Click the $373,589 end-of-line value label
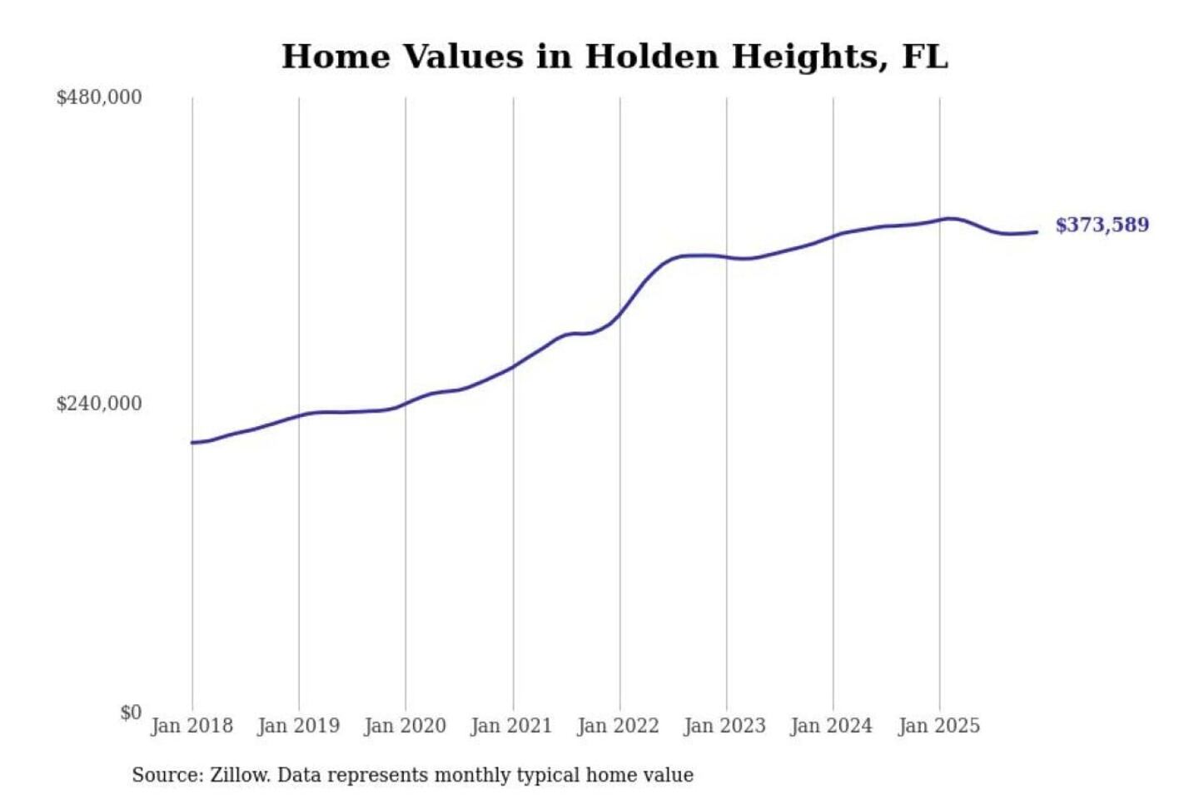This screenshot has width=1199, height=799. (x=1102, y=225)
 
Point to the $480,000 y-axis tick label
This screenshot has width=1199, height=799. (x=99, y=97)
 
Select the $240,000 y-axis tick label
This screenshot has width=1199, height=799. (x=99, y=404)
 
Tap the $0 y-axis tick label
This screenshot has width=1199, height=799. (x=131, y=712)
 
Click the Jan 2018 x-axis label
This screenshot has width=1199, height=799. (x=192, y=726)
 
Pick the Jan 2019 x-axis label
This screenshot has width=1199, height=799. (x=298, y=726)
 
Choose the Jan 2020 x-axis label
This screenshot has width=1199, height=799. (x=405, y=726)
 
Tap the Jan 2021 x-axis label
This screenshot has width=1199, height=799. (x=511, y=726)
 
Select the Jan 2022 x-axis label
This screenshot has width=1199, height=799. (x=618, y=726)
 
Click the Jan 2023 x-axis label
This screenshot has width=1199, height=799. (x=724, y=726)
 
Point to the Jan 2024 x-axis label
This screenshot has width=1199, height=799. (x=831, y=726)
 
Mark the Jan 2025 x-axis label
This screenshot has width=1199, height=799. (x=938, y=726)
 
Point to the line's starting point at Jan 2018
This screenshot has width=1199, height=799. (x=192, y=443)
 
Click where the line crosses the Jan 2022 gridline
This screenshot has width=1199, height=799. (x=619, y=314)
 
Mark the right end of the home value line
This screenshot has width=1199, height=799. (x=1037, y=232)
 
